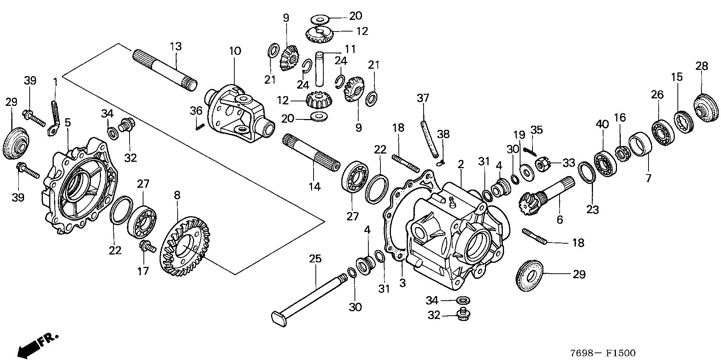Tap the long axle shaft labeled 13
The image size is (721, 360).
(165, 69)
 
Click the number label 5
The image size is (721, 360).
(68, 123)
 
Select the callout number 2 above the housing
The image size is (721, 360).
(460, 164)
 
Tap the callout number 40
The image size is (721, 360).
(602, 124)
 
